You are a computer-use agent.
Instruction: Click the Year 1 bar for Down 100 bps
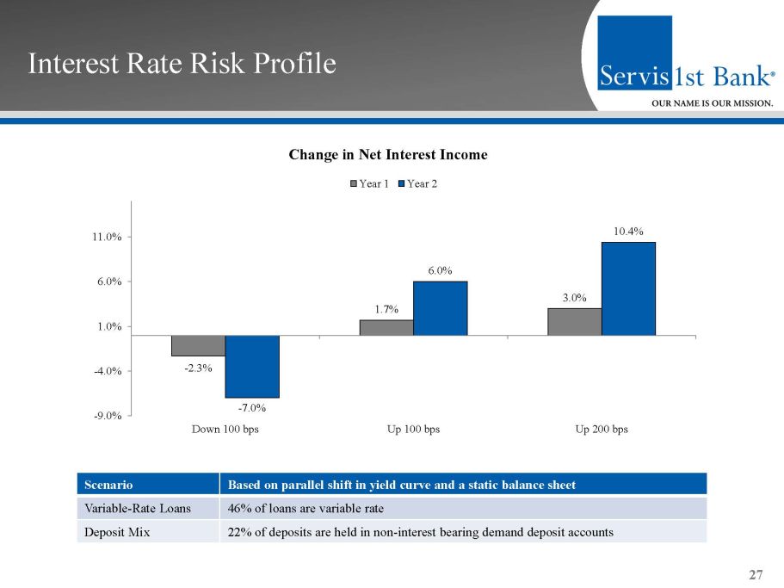coord(198,345)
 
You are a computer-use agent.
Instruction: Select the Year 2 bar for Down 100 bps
coord(252,366)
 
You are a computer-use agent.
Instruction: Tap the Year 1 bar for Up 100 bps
coord(386,327)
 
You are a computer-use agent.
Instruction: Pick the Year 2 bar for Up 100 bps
coord(440,308)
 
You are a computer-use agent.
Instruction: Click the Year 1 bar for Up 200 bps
coord(574,321)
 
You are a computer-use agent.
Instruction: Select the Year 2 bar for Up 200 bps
coord(628,288)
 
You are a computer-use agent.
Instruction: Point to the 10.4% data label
coord(628,231)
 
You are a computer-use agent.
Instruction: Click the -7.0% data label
coord(251,407)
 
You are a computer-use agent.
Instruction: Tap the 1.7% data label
coord(386,309)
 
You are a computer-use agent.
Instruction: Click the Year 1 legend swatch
coord(353,183)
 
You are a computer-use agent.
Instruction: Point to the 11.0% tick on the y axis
coord(108,237)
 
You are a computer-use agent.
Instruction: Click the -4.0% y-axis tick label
coord(108,371)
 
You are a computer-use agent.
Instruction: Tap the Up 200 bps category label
coord(602,429)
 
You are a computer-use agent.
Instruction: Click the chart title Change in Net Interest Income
coord(388,155)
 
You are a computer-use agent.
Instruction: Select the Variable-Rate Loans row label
coord(126,508)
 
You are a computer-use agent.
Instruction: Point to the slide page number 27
coord(756,574)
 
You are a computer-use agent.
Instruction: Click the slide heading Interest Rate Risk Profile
coord(182,64)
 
